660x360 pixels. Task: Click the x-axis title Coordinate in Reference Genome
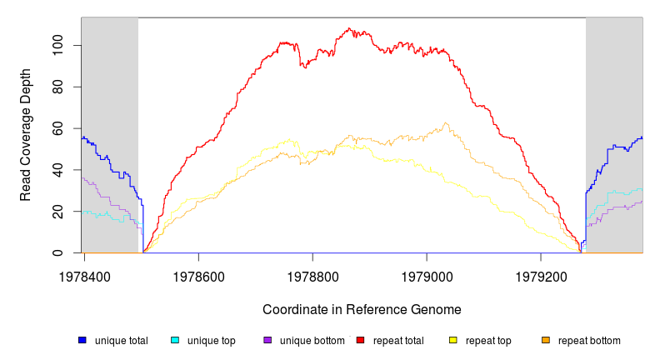[362, 310]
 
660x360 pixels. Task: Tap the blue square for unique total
[82, 340]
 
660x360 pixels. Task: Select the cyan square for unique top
[175, 340]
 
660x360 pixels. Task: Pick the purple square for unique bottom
[267, 340]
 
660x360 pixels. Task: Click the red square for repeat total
[360, 340]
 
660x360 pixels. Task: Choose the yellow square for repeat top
[453, 340]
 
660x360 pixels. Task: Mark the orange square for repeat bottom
[546, 340]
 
